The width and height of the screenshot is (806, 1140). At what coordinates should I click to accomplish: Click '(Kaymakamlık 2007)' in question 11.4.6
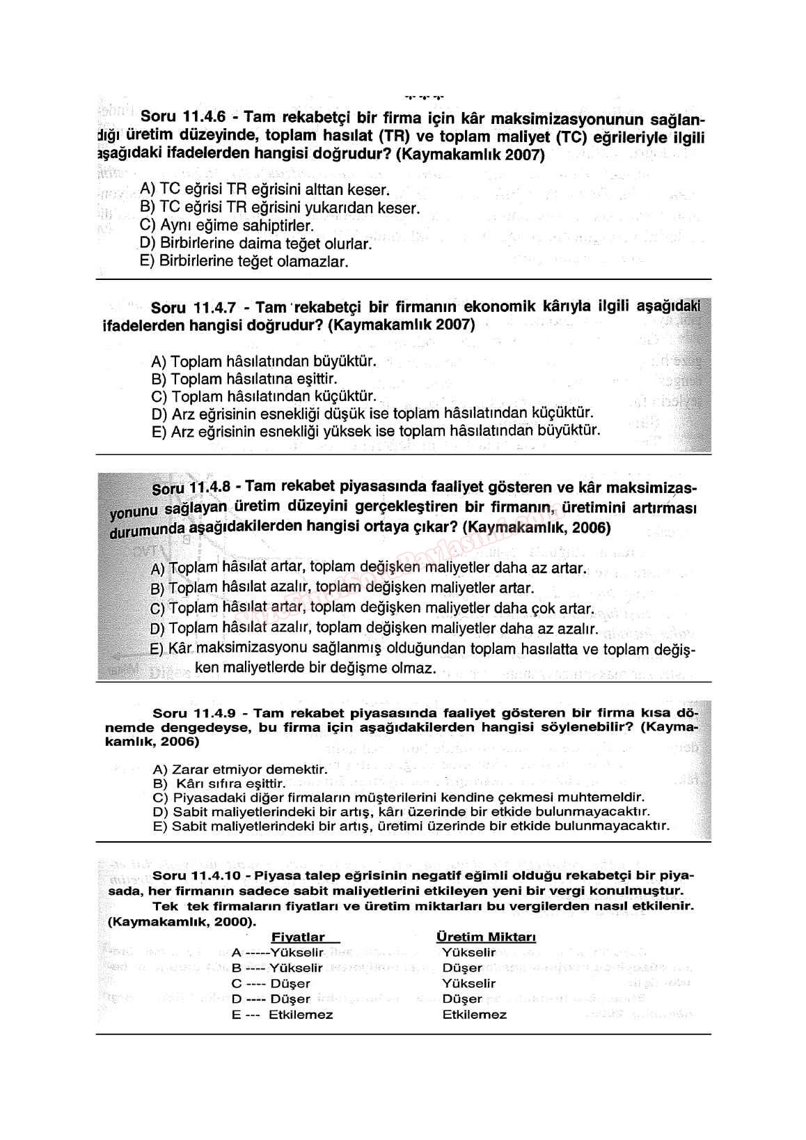pyautogui.click(x=470, y=155)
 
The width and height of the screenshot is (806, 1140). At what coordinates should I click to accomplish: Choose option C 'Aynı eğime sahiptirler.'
pyautogui.click(x=227, y=226)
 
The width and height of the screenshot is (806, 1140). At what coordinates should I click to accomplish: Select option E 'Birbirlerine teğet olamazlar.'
pyautogui.click(x=244, y=262)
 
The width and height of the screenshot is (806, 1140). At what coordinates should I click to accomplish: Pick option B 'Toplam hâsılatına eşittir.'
pyautogui.click(x=244, y=380)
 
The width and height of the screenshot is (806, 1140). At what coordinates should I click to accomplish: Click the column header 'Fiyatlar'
pyautogui.click(x=298, y=937)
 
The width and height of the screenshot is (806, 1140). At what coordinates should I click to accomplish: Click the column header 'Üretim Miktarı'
pyautogui.click(x=486, y=937)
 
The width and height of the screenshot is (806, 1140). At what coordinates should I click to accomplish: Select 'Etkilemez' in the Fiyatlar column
pyautogui.click(x=301, y=1015)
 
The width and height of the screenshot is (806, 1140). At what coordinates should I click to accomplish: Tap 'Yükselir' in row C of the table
pyautogui.click(x=468, y=983)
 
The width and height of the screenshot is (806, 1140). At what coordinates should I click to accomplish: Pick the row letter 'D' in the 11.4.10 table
pyautogui.click(x=236, y=999)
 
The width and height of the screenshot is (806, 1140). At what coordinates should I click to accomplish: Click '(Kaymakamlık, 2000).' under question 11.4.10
pyautogui.click(x=181, y=921)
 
